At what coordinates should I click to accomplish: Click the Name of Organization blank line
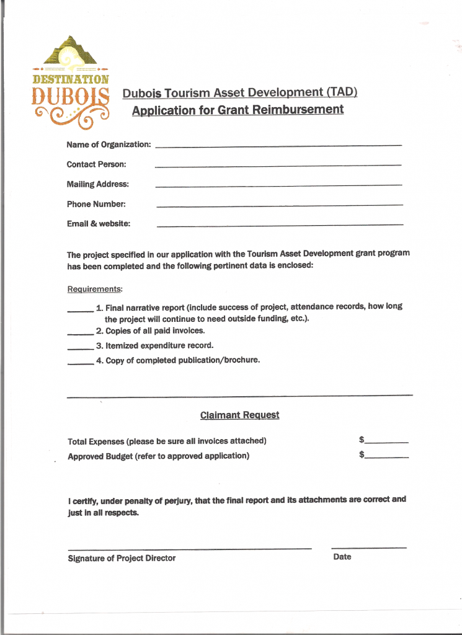(278, 146)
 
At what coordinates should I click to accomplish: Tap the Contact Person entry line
(278, 166)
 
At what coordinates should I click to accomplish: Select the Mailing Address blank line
(278, 185)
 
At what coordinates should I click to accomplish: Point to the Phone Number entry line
(279, 205)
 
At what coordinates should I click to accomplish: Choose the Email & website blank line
(279, 225)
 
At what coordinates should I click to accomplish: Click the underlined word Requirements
(95, 290)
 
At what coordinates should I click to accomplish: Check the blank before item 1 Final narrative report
(80, 310)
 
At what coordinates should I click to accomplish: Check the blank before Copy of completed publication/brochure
(80, 363)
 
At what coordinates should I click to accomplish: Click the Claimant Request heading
(239, 415)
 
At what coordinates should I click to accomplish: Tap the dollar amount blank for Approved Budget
(387, 457)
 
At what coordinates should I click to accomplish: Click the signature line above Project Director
(189, 548)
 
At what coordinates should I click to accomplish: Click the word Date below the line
(342, 557)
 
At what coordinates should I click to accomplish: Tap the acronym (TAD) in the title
(342, 93)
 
